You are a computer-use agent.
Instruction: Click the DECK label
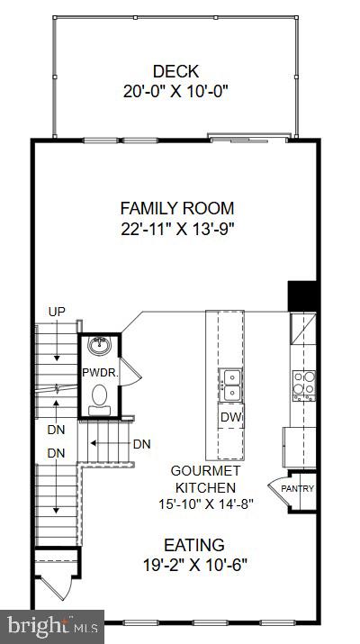click(175, 71)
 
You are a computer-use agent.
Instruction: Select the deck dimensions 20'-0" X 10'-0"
click(175, 90)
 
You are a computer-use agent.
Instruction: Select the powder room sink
click(99, 346)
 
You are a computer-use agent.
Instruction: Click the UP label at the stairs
click(56, 312)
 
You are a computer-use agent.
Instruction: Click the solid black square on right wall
click(301, 295)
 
